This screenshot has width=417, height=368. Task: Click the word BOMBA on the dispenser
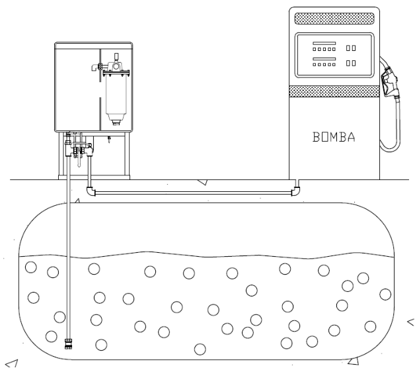(x=334, y=137)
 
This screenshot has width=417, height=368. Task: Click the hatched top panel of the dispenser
(x=334, y=19)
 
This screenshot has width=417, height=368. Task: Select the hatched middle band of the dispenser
(x=334, y=91)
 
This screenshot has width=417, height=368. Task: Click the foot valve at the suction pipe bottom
(x=68, y=344)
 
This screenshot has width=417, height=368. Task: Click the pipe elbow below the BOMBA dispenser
(x=295, y=191)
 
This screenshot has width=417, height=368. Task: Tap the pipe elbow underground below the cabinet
(x=91, y=191)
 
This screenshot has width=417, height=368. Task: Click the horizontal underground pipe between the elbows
(x=194, y=193)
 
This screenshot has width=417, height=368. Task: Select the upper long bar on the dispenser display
(x=324, y=43)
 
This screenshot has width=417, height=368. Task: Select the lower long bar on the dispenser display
(x=324, y=59)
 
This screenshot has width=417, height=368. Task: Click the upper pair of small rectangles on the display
(x=351, y=48)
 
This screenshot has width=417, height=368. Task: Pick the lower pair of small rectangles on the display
(x=351, y=63)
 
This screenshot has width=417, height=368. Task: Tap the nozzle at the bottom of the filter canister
(x=116, y=122)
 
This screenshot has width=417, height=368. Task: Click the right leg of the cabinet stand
(x=127, y=154)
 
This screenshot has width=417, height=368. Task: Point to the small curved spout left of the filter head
(x=95, y=68)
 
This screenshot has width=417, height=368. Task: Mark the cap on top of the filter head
(x=116, y=56)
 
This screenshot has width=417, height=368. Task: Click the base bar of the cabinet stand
(x=94, y=177)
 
